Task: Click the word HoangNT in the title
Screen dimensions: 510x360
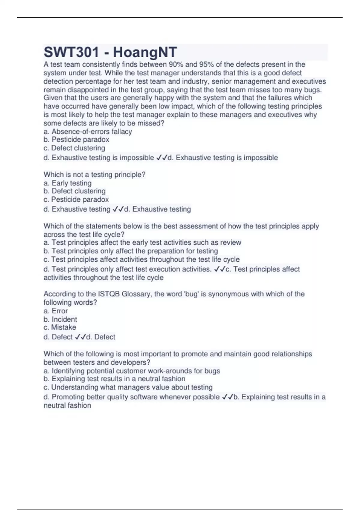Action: point(145,52)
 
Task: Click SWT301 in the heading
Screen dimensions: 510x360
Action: point(71,52)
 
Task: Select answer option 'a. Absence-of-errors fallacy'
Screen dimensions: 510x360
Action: point(88,132)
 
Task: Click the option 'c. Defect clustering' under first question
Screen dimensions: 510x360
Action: point(74,148)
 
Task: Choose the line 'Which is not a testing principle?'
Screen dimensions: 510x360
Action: point(94,175)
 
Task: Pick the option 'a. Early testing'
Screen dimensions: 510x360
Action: point(67,183)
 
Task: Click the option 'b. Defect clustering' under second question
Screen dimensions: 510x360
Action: point(74,191)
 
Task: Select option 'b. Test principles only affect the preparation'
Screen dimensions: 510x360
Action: point(131,251)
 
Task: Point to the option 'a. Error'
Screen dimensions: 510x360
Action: point(55,311)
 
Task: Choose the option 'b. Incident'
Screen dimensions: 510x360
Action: point(60,319)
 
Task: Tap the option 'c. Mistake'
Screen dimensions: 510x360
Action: point(60,327)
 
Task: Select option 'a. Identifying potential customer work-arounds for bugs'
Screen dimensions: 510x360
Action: point(132,371)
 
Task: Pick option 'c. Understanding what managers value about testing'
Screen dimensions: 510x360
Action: point(128,387)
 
